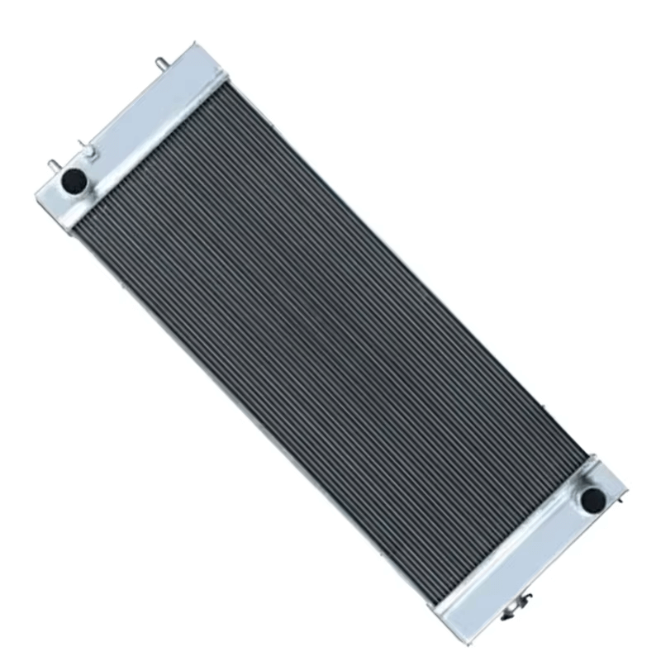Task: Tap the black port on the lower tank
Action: tap(592, 498)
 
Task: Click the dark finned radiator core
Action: tap(330, 330)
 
